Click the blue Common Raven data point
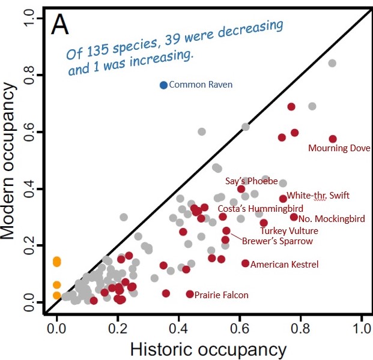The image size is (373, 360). (x=163, y=85)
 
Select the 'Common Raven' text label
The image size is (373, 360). (x=201, y=85)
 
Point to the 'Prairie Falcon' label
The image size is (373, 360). (x=221, y=295)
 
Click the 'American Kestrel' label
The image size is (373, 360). (x=284, y=264)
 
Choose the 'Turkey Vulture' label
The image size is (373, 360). (x=289, y=230)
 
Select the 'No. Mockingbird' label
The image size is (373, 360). (x=332, y=219)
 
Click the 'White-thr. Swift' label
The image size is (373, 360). (x=318, y=195)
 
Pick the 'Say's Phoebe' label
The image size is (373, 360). (x=251, y=181)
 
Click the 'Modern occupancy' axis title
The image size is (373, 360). (x=13, y=162)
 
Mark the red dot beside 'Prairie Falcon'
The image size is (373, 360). (x=190, y=294)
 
